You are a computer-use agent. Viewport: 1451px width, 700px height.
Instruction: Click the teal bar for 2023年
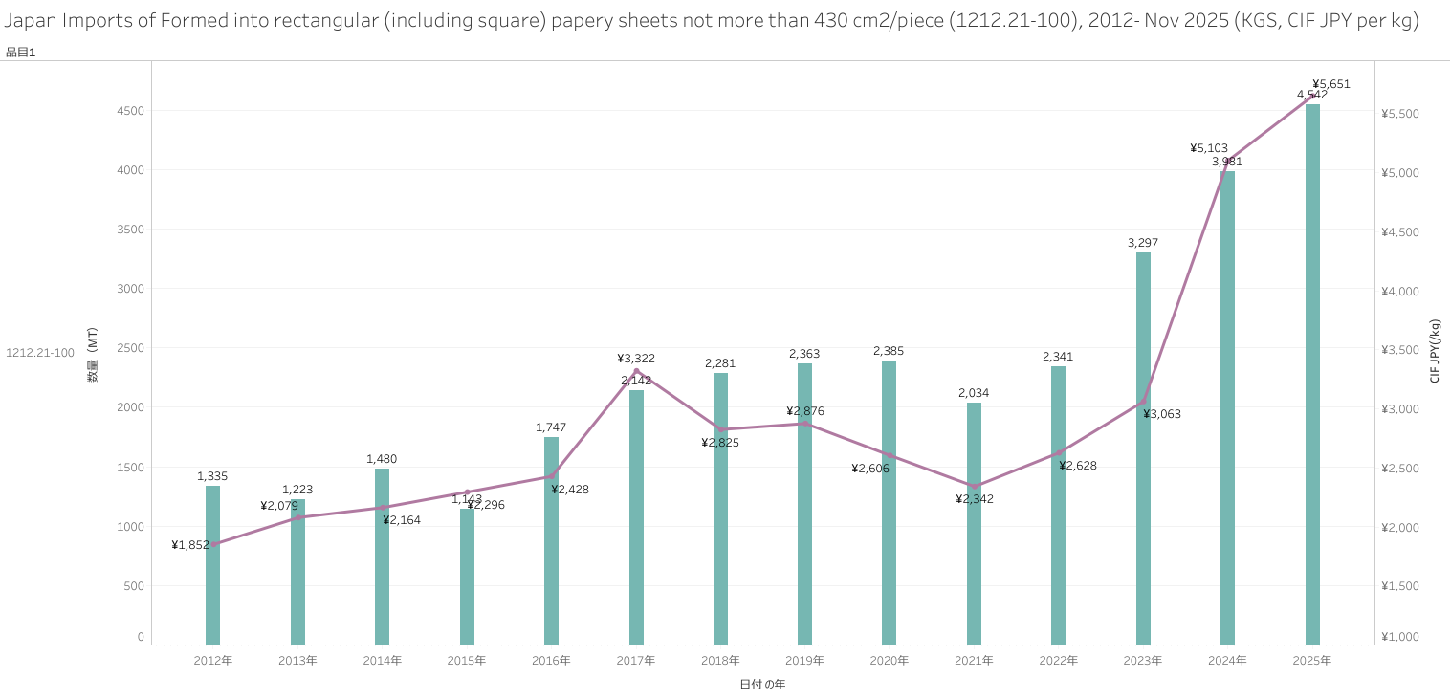(x=1143, y=449)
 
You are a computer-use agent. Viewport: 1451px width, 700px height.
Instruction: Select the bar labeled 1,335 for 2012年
(x=212, y=564)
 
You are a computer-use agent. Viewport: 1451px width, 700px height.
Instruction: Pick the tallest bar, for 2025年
(x=1312, y=373)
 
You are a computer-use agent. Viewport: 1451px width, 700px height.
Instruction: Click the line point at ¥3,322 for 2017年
(x=636, y=371)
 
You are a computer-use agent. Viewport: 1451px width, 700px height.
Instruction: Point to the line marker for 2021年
(x=975, y=486)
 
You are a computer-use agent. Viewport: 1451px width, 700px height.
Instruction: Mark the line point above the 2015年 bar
(x=467, y=492)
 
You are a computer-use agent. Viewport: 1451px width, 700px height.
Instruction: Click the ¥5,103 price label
(x=1209, y=148)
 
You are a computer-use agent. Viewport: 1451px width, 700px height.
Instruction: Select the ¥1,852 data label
(x=190, y=545)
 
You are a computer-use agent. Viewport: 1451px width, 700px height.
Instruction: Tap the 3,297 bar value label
(x=1143, y=243)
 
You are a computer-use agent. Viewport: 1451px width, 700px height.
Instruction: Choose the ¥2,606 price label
(x=870, y=469)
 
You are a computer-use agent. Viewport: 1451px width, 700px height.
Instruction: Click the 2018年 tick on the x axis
(x=720, y=661)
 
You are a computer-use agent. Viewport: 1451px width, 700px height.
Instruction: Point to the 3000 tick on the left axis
(x=131, y=289)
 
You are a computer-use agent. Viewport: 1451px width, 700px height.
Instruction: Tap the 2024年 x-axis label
(x=1227, y=661)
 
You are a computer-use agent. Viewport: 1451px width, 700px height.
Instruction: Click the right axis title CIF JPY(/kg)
(x=1435, y=351)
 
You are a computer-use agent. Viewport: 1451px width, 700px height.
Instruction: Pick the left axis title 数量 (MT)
(x=93, y=355)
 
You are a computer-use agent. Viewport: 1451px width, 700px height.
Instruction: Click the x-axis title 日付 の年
(x=762, y=685)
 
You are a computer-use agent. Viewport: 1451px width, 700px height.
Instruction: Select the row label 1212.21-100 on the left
(x=40, y=353)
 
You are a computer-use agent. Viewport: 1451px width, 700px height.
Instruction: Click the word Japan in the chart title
(x=30, y=21)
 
